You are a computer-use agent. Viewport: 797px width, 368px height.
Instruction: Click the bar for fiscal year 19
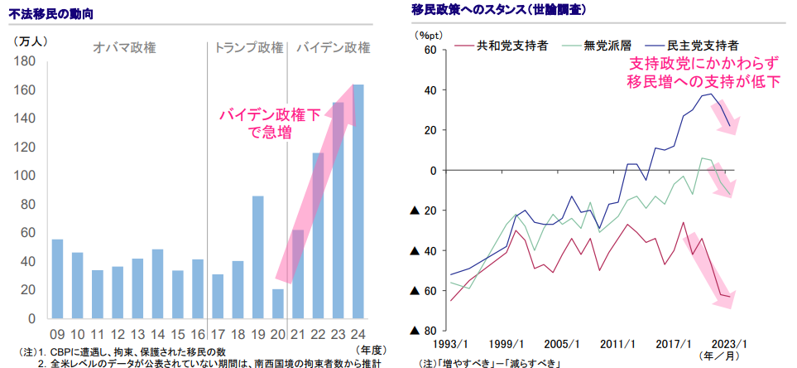258,257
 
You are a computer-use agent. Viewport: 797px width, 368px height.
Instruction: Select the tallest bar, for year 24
358,201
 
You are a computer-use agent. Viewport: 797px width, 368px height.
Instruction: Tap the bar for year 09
57,278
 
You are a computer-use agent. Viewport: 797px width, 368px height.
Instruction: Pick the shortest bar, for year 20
278,303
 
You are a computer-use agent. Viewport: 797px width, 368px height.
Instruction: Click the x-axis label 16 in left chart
198,334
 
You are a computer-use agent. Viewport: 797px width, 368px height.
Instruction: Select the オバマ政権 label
125,47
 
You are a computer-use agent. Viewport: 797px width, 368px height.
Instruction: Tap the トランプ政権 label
247,47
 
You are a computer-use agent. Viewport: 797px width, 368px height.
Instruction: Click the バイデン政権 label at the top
332,47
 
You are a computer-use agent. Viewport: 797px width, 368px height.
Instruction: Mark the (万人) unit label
31,39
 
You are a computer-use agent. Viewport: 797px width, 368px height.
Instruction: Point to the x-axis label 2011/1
618,344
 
